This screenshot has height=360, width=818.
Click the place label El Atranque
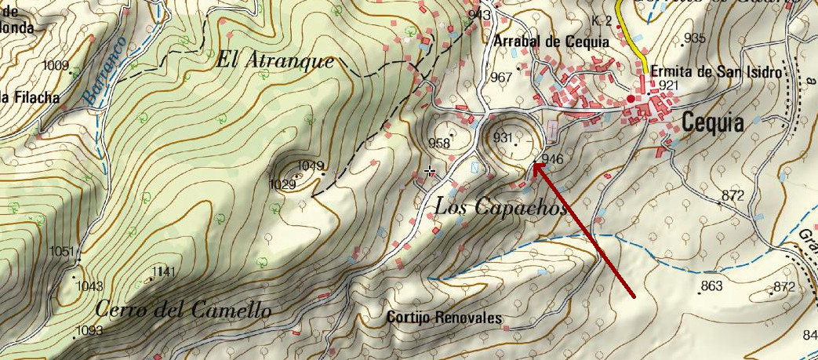275,61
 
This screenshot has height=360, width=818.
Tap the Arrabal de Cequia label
552,42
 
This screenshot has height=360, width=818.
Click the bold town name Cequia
711,122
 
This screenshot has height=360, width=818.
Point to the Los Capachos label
500,206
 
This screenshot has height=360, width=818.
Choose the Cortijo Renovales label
445,318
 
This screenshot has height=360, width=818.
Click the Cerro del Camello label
183,310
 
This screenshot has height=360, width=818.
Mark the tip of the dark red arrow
534,163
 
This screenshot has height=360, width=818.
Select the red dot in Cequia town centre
631,100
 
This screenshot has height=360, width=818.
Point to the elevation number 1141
164,271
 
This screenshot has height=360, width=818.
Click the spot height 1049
311,165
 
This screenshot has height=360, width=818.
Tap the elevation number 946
552,158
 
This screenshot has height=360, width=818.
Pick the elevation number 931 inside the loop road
503,137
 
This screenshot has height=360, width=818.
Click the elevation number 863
711,286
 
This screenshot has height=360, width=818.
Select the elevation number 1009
57,65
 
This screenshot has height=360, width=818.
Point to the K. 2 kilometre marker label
602,20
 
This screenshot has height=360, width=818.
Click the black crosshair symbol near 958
429,171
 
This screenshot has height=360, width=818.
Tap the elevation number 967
501,77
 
